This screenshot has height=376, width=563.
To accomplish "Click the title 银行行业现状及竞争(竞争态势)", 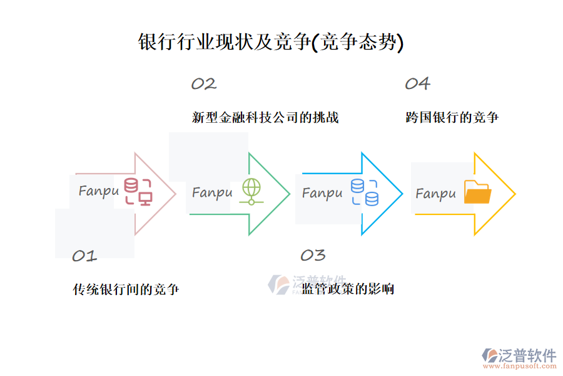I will click(x=271, y=42).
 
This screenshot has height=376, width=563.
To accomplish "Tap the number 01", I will click(x=84, y=256).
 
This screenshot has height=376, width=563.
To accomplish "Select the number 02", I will click(x=203, y=84).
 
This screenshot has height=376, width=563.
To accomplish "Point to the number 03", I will click(x=313, y=256).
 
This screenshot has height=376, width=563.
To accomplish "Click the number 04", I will click(x=417, y=83).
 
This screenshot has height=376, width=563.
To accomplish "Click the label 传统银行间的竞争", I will click(x=126, y=290).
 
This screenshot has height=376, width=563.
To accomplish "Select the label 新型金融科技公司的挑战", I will click(x=265, y=117).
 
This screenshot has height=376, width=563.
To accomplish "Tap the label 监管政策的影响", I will click(x=348, y=290).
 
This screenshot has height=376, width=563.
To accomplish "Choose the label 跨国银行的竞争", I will click(x=452, y=117).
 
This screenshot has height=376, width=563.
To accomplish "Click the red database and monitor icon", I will click(x=138, y=191).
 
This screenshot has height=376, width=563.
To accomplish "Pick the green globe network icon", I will click(x=251, y=191).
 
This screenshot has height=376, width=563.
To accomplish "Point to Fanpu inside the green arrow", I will click(x=212, y=192).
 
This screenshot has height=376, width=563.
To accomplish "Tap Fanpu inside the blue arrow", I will click(x=322, y=192).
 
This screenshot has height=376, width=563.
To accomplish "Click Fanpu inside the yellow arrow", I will click(x=435, y=194).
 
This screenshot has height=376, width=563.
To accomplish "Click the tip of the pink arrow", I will click(x=176, y=194).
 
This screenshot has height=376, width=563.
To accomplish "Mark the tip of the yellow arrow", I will click(x=515, y=194).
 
